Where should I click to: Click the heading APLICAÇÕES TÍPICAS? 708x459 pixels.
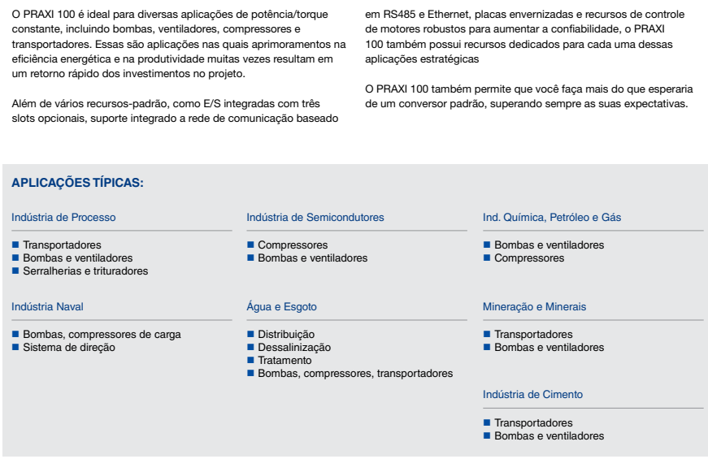point(77,184)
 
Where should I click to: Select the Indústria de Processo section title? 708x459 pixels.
point(63,218)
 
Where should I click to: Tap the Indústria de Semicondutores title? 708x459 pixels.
point(315,218)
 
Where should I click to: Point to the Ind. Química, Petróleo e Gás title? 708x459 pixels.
point(552,218)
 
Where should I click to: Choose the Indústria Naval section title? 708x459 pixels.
point(47,307)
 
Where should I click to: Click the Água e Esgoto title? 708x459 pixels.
point(281,307)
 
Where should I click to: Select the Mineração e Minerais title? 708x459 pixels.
point(534,307)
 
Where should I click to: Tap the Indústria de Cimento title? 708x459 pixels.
point(532,395)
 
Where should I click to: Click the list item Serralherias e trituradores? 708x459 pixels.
point(85,271)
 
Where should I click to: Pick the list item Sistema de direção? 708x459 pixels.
point(69,348)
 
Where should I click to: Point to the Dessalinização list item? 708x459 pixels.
point(294,348)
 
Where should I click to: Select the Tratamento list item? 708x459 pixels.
point(285,361)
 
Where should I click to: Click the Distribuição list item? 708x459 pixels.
point(286,335)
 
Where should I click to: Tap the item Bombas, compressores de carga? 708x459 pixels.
point(102,335)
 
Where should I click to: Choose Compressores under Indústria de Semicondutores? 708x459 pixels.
point(293,245)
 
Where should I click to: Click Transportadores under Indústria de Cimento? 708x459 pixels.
point(533,423)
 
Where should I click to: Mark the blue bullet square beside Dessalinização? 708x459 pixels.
point(250,348)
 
